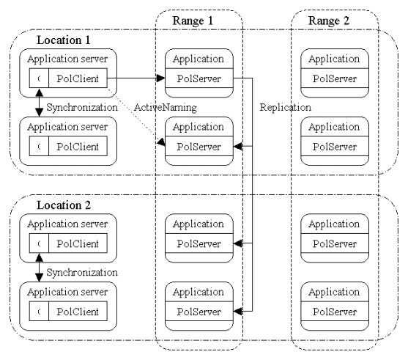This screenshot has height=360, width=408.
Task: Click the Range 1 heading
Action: [x=193, y=21]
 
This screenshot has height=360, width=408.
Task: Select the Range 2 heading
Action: [x=329, y=21]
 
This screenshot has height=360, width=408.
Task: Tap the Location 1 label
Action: [x=64, y=40]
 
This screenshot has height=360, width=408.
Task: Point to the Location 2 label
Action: [x=64, y=205]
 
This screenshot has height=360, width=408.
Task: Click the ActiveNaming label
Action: [x=166, y=107]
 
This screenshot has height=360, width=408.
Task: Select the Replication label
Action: [x=285, y=107]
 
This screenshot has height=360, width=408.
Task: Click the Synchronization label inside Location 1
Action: [x=82, y=107]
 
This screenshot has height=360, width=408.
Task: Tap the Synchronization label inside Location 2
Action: [x=82, y=273]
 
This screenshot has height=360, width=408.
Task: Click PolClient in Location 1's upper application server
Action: [x=78, y=78]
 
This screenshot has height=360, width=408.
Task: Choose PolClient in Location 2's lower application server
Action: [x=78, y=312]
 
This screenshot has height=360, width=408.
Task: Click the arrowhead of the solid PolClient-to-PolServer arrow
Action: [x=160, y=78]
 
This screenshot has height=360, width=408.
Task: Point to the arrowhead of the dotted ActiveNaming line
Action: [x=161, y=142]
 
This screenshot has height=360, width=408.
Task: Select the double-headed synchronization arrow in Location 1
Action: [x=40, y=103]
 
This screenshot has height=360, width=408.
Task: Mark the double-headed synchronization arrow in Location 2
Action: [x=40, y=268]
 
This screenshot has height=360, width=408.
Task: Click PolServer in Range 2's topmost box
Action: [x=335, y=78]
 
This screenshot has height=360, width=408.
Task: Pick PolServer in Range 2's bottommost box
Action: [x=335, y=312]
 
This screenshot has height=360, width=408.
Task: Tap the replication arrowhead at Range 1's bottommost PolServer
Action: [x=238, y=311]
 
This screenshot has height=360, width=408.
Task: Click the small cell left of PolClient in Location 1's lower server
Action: [x=39, y=146]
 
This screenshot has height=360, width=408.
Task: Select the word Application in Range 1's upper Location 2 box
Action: [x=199, y=224]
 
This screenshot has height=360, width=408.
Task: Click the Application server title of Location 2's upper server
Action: [x=67, y=224]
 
